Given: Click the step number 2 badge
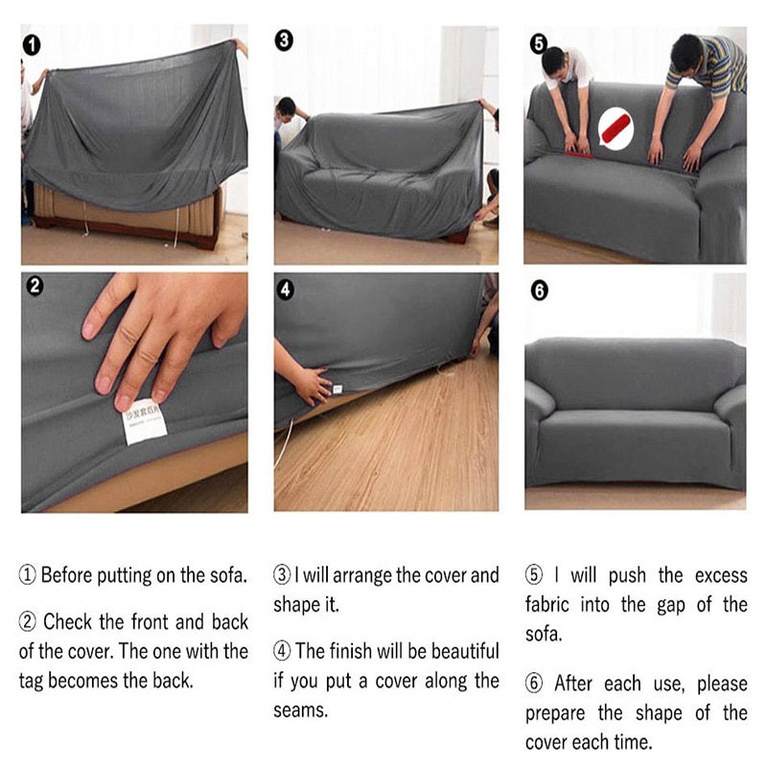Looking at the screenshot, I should point(35,287).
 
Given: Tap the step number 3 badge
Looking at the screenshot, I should point(284,41).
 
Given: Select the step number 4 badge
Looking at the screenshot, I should point(286,287).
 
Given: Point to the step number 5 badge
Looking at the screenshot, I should point(539,42).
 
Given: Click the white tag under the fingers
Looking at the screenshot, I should point(145,422).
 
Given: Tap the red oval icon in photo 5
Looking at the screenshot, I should point(612,126).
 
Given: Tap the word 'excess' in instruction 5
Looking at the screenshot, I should point(720,575).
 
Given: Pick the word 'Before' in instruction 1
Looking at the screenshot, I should point(69,575).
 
